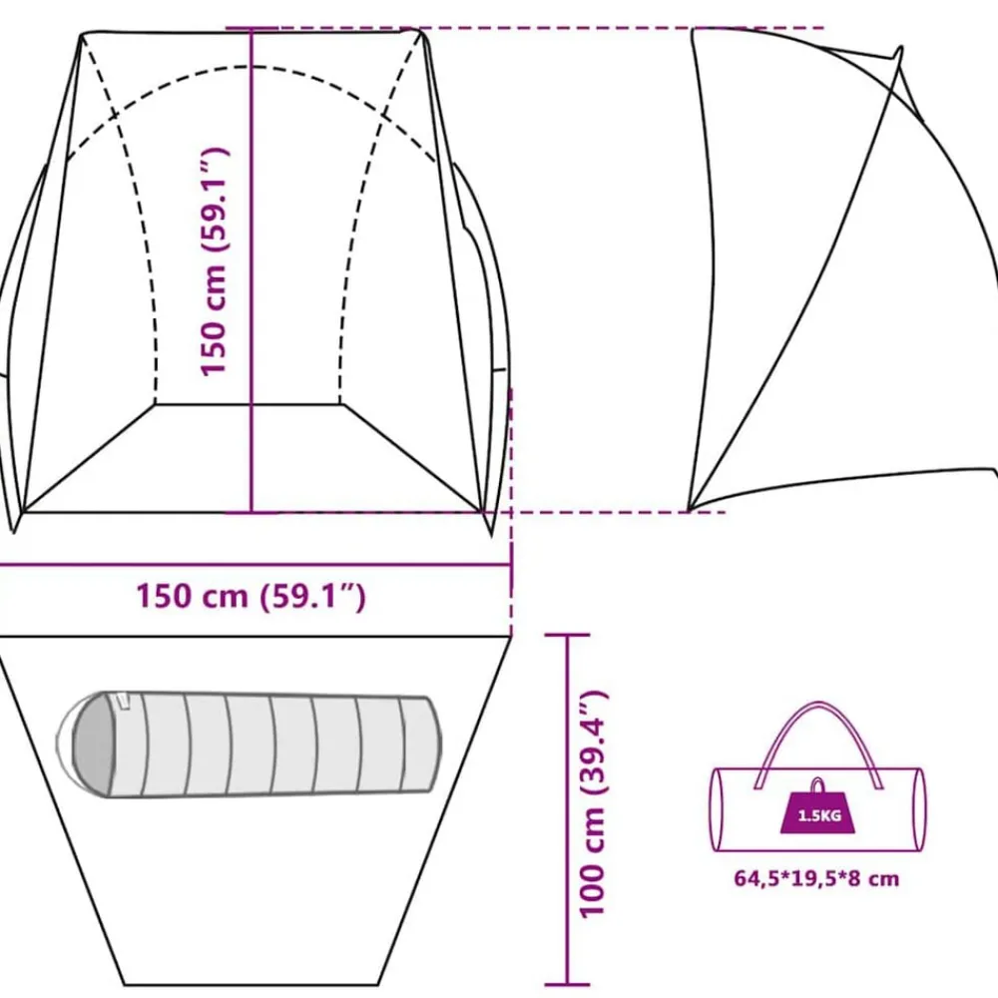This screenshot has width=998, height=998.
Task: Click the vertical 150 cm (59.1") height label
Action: (214, 261)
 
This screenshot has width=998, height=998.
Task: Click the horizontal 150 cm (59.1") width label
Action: (251, 597)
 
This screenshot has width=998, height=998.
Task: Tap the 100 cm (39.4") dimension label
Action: (593, 803)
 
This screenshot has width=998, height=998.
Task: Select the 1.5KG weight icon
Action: (818, 807)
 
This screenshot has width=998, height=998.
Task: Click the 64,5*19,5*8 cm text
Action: (816, 879)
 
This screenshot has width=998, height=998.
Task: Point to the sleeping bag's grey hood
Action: (94, 744)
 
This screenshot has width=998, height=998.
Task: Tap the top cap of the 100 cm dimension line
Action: (567, 635)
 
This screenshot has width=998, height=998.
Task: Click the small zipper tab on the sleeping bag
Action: (123, 701)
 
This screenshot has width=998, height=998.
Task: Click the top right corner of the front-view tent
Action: (421, 31)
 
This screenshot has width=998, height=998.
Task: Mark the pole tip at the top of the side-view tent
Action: (900, 48)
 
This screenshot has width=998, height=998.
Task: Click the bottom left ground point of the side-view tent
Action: (690, 510)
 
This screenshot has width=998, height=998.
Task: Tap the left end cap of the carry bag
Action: (717, 809)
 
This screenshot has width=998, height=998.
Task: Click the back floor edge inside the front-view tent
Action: (249, 403)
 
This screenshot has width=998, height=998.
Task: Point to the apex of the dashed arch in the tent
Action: (251, 66)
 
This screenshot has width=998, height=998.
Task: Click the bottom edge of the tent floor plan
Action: (251, 985)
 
